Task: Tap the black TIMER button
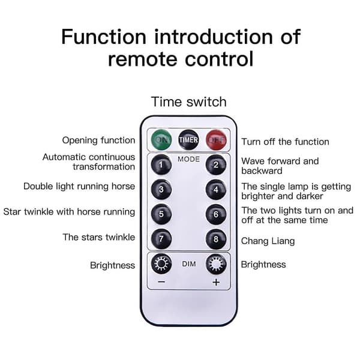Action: (x=188, y=140)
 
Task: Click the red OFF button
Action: (x=216, y=140)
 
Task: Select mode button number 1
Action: (x=161, y=164)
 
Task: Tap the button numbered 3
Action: (x=161, y=190)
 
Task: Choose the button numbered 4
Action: (x=216, y=190)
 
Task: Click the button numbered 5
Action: (x=161, y=214)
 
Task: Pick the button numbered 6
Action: (x=216, y=214)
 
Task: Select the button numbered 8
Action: (x=216, y=239)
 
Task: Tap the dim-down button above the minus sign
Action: (x=161, y=264)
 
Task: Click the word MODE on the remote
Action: (x=188, y=159)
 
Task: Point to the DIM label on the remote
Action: (x=189, y=264)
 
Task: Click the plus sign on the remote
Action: (x=216, y=282)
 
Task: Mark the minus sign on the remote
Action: (x=161, y=282)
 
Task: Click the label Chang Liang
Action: (x=268, y=241)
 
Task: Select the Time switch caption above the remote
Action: (x=189, y=102)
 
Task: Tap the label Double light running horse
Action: (x=79, y=187)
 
